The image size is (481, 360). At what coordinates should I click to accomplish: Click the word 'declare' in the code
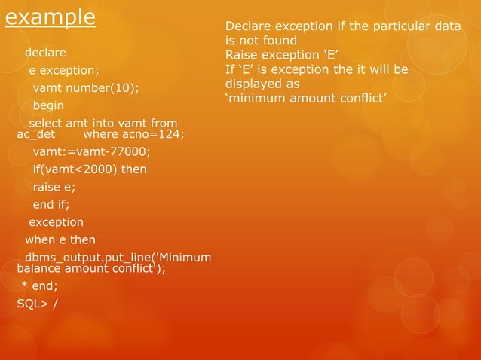pos(45,53)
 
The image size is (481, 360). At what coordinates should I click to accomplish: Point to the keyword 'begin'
pos(48,105)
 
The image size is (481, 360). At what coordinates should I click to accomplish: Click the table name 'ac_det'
pos(36,135)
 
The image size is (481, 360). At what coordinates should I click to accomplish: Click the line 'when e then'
pos(60,239)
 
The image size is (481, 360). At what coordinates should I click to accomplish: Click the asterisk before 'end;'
pos(23,287)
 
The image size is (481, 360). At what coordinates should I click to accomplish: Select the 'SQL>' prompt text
pos(31,304)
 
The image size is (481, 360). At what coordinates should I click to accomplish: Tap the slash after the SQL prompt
pos(55,304)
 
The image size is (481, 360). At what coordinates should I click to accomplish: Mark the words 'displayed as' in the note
pos(262,84)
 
